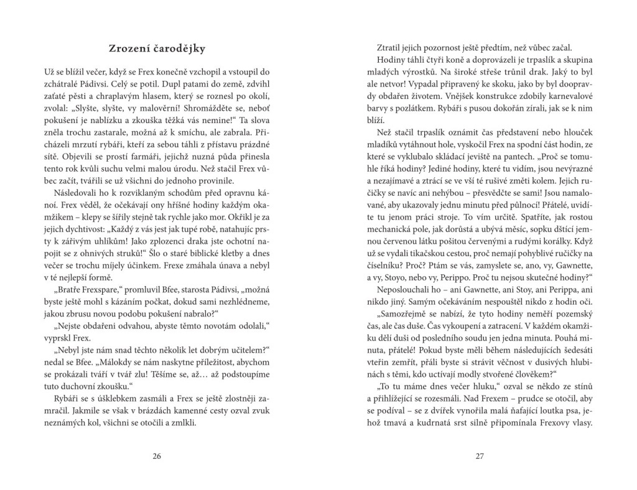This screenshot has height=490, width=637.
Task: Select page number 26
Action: click(x=157, y=456)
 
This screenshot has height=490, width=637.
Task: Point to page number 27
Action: click(x=480, y=456)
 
